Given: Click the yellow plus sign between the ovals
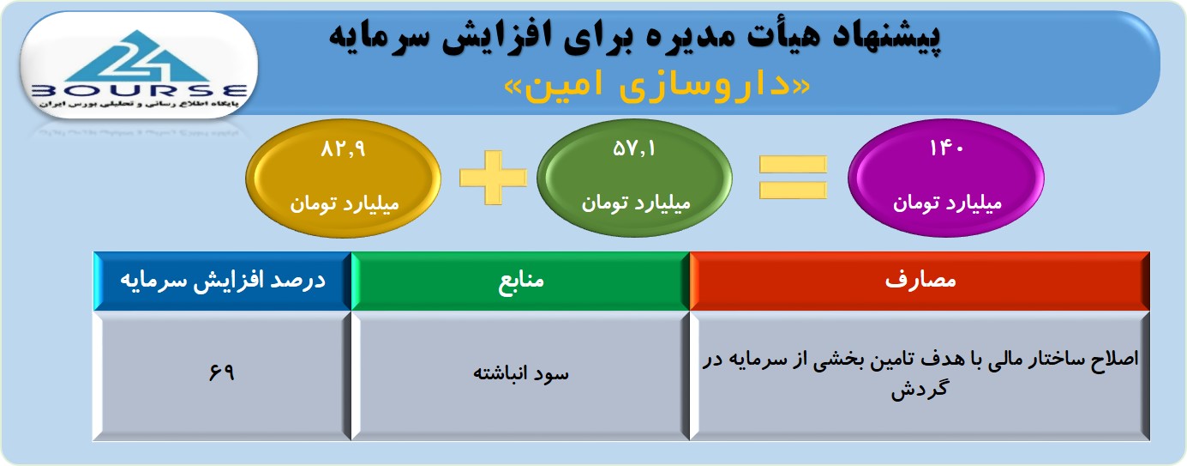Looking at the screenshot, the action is point(494,178).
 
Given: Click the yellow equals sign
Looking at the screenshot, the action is point(793,178).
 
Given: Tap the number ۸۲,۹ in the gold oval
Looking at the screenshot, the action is point(343,149).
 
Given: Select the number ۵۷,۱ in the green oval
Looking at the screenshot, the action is point(634,148).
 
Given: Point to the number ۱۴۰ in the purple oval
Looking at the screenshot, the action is point(946,148).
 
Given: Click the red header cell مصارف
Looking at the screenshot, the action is point(920,281).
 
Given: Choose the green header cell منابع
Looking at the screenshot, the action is point(520,281).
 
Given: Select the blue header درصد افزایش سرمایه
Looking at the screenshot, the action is point(223,281).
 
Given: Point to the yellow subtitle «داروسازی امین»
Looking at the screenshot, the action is point(657,86).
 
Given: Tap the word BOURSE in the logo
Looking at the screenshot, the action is point(140,91).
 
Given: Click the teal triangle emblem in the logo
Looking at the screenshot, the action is point(139,57).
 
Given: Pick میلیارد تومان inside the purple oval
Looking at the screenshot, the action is point(947,203).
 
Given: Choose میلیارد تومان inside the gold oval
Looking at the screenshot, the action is point(344,204).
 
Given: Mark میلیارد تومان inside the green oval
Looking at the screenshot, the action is point(636,203).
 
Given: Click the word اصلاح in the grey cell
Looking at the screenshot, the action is point(1115,359).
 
